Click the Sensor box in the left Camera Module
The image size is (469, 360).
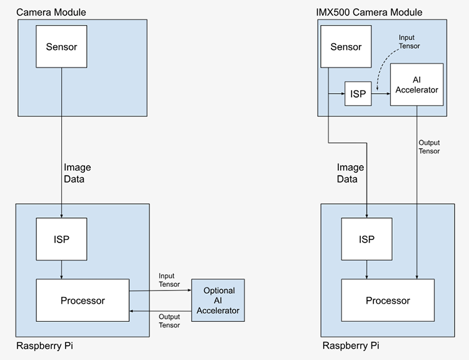click(61, 47)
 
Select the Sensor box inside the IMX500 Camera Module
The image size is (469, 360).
click(346, 47)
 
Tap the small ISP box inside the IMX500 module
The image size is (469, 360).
click(358, 94)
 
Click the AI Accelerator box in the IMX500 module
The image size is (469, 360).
click(416, 84)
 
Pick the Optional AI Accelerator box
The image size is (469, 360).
click(219, 301)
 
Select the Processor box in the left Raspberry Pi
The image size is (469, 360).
click(83, 301)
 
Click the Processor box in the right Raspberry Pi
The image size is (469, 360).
click(388, 301)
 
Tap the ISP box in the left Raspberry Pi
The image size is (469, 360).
click(61, 238)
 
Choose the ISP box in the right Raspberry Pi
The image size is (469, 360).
click(366, 239)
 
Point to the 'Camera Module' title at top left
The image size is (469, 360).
click(51, 12)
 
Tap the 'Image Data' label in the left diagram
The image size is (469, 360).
click(78, 173)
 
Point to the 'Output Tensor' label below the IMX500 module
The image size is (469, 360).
click(429, 147)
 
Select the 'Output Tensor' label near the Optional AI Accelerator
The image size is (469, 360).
click(169, 321)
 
